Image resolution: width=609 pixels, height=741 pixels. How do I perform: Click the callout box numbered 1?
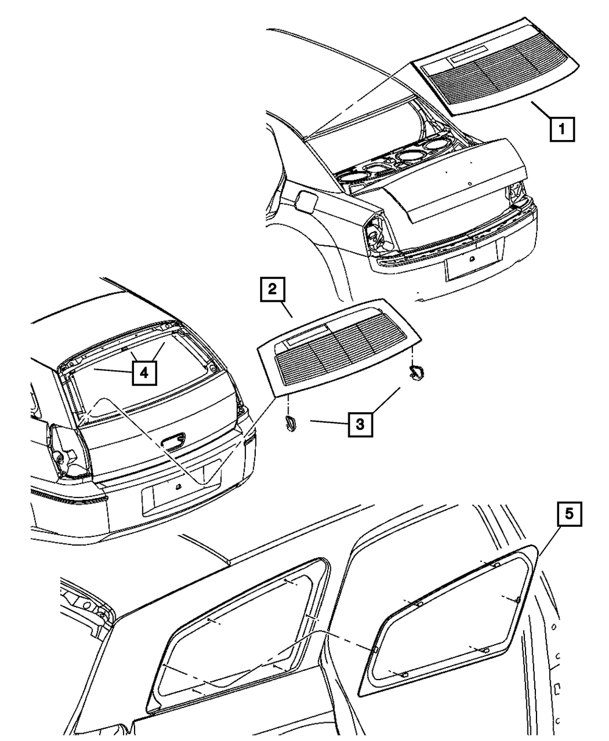pyautogui.click(x=562, y=129)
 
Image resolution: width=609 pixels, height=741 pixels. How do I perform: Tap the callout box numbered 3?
pyautogui.click(x=360, y=423)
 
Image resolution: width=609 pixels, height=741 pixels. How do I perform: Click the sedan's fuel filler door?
pyautogui.click(x=306, y=202)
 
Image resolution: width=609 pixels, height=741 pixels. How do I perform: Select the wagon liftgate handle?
pyautogui.click(x=173, y=441)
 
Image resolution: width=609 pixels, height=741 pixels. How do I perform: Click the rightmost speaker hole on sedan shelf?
pyautogui.click(x=436, y=146)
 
